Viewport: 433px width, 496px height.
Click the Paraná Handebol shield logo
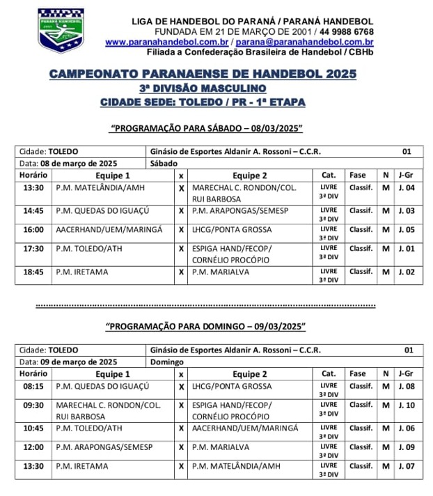[x=61, y=31]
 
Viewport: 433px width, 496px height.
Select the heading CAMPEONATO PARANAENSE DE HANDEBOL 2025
[x=203, y=74]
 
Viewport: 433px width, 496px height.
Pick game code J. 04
[x=406, y=188]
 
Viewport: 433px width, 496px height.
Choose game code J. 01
[x=406, y=249]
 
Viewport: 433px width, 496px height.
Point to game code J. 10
[x=406, y=405]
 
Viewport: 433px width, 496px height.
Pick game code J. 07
[x=406, y=466]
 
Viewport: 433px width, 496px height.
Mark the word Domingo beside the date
[x=167, y=362]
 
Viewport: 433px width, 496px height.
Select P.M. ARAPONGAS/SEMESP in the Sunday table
[x=104, y=447]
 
